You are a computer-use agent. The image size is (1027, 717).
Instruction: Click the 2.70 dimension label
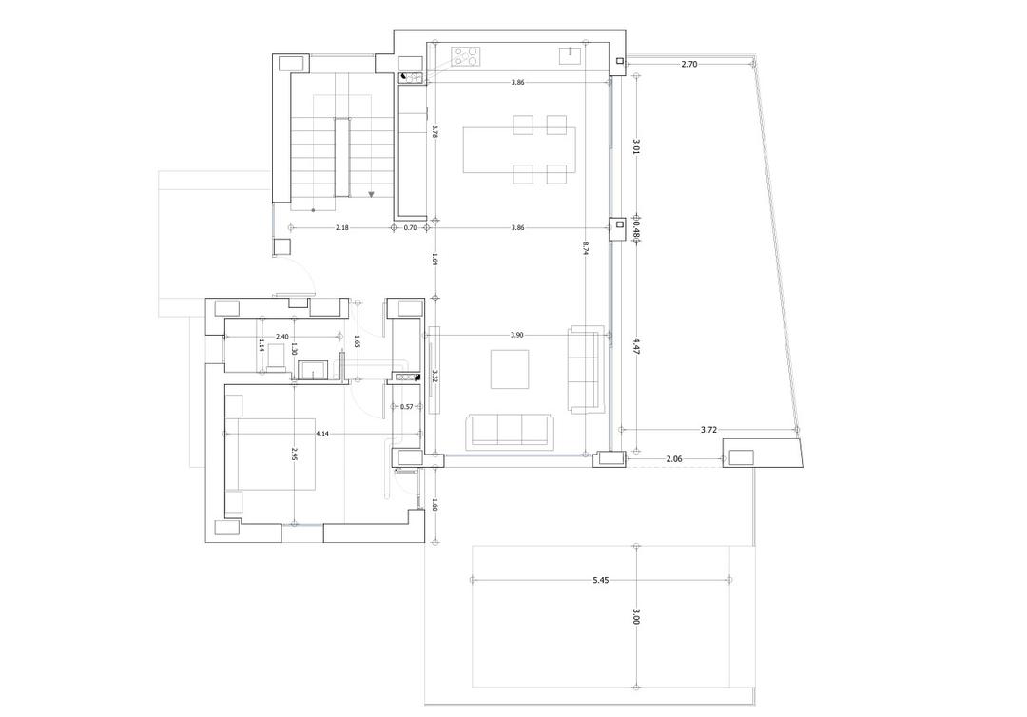(x=690, y=64)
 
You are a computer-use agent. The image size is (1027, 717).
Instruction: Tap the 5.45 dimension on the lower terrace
(x=600, y=579)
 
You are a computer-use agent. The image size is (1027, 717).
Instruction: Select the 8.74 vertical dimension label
(x=587, y=248)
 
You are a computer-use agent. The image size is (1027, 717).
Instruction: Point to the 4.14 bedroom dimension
(x=322, y=433)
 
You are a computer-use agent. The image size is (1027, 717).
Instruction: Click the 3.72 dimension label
(x=708, y=430)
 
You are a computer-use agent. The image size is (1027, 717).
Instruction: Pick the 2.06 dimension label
(x=674, y=459)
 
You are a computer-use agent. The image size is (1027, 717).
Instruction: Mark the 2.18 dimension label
(x=341, y=228)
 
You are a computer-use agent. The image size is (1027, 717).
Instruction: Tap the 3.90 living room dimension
(x=517, y=336)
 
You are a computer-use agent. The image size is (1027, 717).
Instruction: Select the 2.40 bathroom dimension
(x=282, y=337)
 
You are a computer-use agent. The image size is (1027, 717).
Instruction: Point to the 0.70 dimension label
(x=411, y=228)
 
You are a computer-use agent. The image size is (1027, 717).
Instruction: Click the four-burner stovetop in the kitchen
(x=465, y=57)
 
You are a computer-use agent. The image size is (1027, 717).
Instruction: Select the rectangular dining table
(x=519, y=149)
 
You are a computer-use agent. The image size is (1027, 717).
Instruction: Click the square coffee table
(x=510, y=369)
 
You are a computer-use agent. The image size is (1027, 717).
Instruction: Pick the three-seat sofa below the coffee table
(x=509, y=431)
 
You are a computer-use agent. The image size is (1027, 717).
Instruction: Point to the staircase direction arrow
(x=372, y=194)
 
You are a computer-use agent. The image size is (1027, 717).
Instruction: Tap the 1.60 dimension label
(x=434, y=506)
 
